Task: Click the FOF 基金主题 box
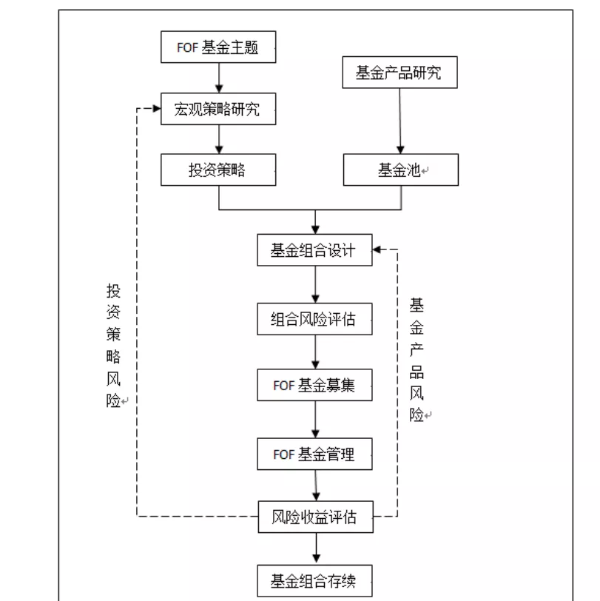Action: point(218,48)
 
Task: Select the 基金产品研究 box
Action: point(400,73)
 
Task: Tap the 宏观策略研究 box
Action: point(218,110)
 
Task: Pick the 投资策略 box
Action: point(218,170)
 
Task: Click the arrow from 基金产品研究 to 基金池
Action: point(401,122)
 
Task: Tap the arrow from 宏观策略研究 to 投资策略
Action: point(218,140)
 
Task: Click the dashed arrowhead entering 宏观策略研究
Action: point(156,110)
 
